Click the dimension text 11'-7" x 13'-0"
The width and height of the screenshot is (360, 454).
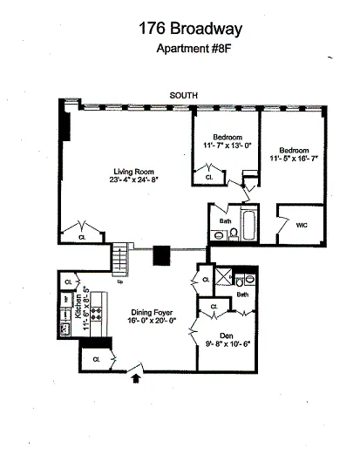[225, 146]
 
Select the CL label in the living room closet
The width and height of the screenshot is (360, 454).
[81, 236]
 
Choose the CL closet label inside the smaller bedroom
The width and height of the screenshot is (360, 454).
[210, 178]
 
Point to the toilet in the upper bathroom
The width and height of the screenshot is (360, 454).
[221, 233]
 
